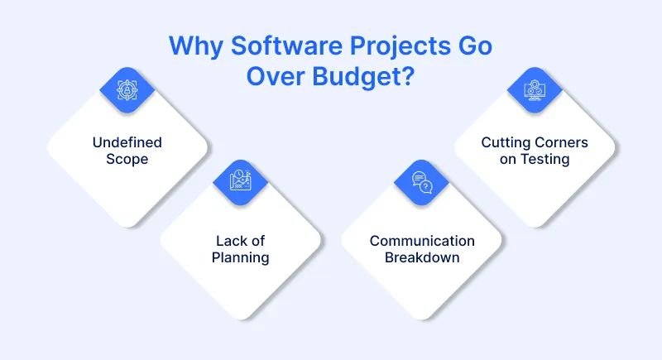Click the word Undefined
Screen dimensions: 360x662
coord(127,142)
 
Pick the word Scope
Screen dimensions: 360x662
coord(127,158)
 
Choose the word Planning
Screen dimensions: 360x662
coord(239,257)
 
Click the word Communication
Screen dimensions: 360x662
coord(422,241)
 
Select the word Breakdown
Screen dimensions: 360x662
coord(422,257)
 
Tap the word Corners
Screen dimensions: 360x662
coord(560,142)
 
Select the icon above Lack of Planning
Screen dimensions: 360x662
coord(239,181)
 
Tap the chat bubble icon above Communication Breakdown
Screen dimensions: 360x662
coord(422,181)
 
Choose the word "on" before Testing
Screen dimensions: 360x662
coord(508,159)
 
